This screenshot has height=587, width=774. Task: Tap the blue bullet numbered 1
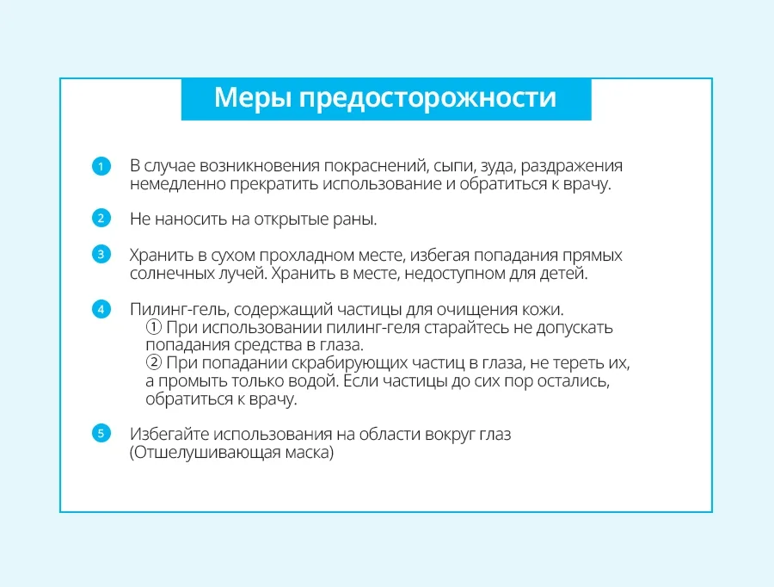(101, 166)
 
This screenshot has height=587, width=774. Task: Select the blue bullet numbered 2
(101, 218)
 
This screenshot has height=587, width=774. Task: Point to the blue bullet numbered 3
(101, 255)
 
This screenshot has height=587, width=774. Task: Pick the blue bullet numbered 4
(101, 309)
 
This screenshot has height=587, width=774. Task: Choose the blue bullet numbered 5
(101, 433)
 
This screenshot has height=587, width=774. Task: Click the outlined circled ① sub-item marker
(154, 326)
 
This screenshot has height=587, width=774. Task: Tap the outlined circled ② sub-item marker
(154, 362)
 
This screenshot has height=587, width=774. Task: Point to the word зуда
(498, 166)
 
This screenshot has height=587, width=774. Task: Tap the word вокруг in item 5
(449, 435)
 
